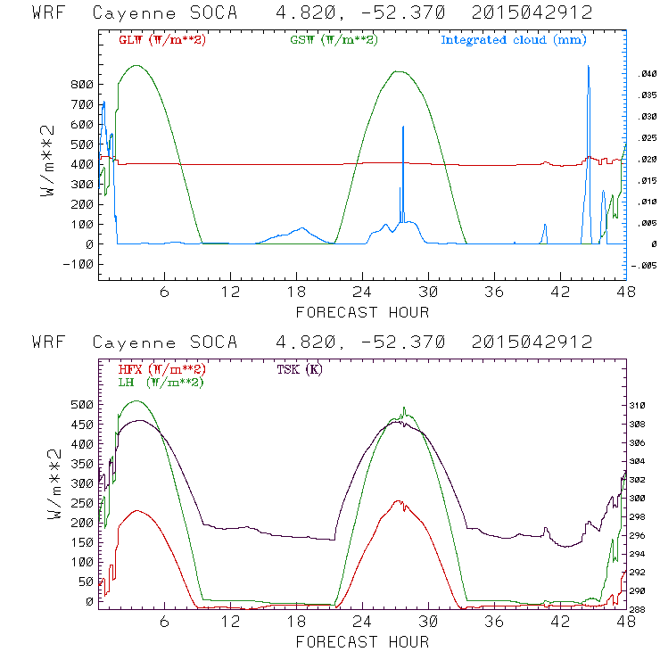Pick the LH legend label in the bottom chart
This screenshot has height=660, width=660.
click(160, 382)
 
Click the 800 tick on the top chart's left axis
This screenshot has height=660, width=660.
click(82, 84)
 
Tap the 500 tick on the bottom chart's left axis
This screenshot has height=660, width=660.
click(82, 405)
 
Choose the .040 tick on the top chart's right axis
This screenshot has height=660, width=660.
click(648, 74)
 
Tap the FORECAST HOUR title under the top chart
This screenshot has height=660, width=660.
click(362, 312)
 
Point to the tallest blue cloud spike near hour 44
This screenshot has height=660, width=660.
click(589, 68)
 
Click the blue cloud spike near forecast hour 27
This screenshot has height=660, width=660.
click(403, 128)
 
